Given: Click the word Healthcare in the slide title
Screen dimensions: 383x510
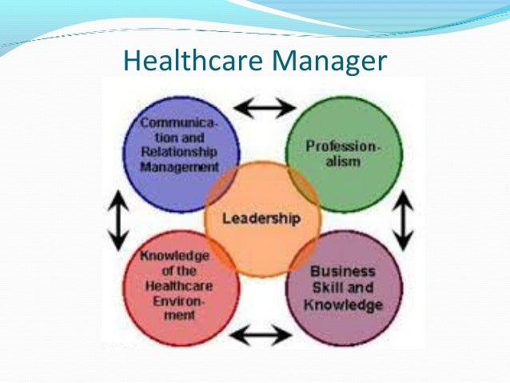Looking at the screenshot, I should point(189,61).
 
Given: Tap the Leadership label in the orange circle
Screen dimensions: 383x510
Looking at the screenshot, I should point(261,217).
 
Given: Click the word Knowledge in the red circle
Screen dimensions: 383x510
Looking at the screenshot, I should point(173,256).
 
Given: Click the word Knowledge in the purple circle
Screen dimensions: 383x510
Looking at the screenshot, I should point(346,305).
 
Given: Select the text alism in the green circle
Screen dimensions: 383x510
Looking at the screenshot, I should point(344,161).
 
